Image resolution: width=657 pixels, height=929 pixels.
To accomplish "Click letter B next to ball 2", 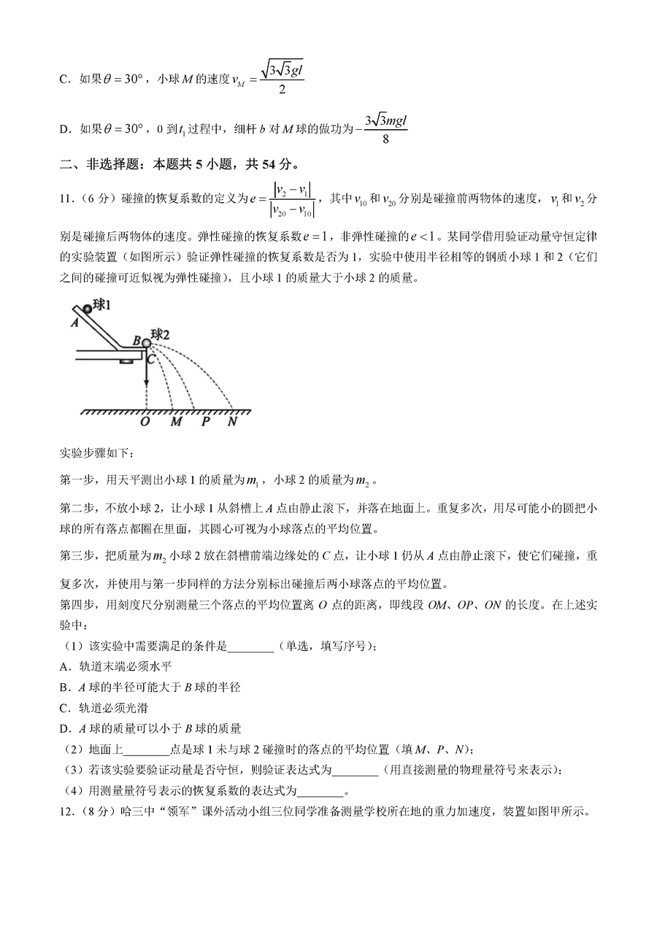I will click(x=136, y=340).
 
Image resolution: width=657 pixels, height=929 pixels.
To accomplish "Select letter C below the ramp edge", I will click(x=150, y=358).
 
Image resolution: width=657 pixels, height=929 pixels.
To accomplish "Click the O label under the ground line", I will click(x=145, y=421).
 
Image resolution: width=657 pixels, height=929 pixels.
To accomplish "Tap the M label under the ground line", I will click(x=175, y=421).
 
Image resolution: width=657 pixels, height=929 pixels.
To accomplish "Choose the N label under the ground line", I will click(x=233, y=421).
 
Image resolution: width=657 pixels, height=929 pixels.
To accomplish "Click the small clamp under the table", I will click(x=128, y=361).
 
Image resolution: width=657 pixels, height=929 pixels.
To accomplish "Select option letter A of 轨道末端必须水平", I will click(x=64, y=666).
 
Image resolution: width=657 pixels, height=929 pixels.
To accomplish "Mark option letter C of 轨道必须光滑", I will click(x=64, y=707).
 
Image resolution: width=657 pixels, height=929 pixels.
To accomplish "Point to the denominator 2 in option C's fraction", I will click(x=281, y=90).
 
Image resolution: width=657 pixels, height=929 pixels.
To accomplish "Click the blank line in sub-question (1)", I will click(x=251, y=646).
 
